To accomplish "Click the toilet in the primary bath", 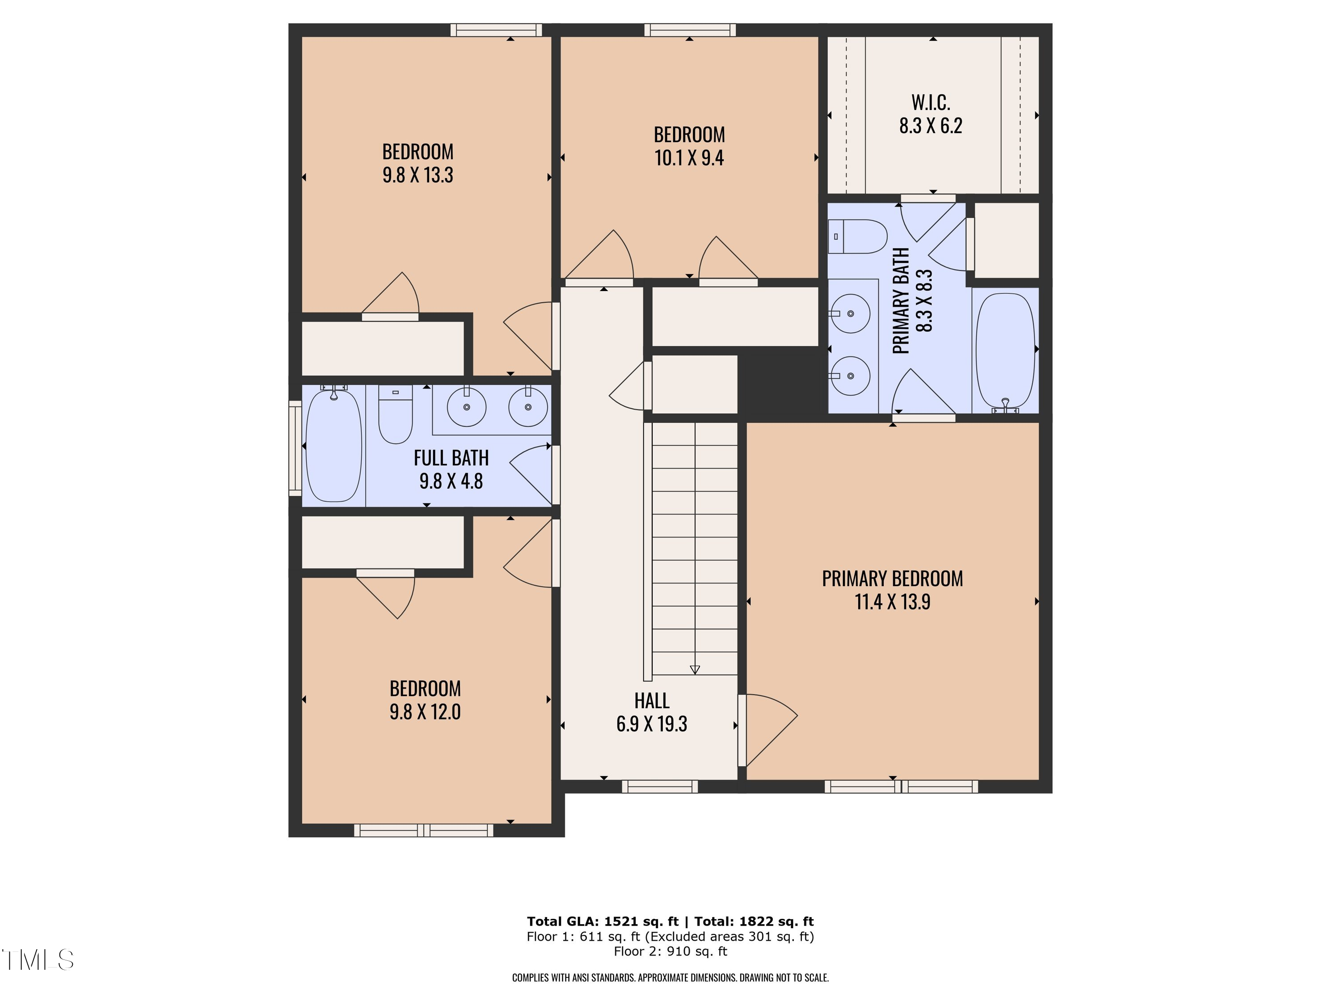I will tap(857, 237).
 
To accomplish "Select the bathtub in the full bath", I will tap(333, 446).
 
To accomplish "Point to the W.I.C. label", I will tap(931, 102).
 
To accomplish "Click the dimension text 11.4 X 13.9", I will tap(892, 602).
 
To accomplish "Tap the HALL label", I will tap(652, 701).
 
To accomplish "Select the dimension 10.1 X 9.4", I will tap(689, 158).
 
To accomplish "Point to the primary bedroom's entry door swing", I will tap(769, 730).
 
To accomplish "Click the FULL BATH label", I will tap(451, 458).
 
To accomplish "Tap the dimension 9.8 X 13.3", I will tap(417, 175).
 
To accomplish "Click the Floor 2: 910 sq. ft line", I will tap(670, 951).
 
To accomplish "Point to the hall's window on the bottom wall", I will tap(660, 787).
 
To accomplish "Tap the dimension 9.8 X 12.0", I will tap(425, 712).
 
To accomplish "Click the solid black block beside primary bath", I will tap(782, 385).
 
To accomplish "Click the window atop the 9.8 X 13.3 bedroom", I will tap(496, 30).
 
